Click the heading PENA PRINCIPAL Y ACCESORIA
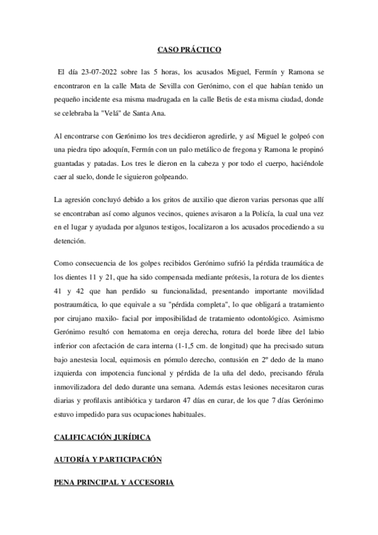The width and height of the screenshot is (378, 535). click(x=114, y=483)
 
